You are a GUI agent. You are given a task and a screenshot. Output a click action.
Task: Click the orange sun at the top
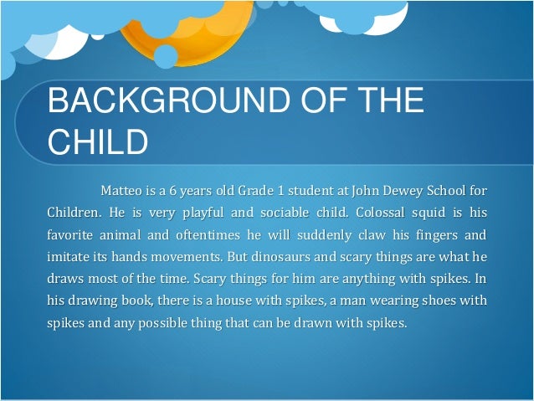coord(184,25)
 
